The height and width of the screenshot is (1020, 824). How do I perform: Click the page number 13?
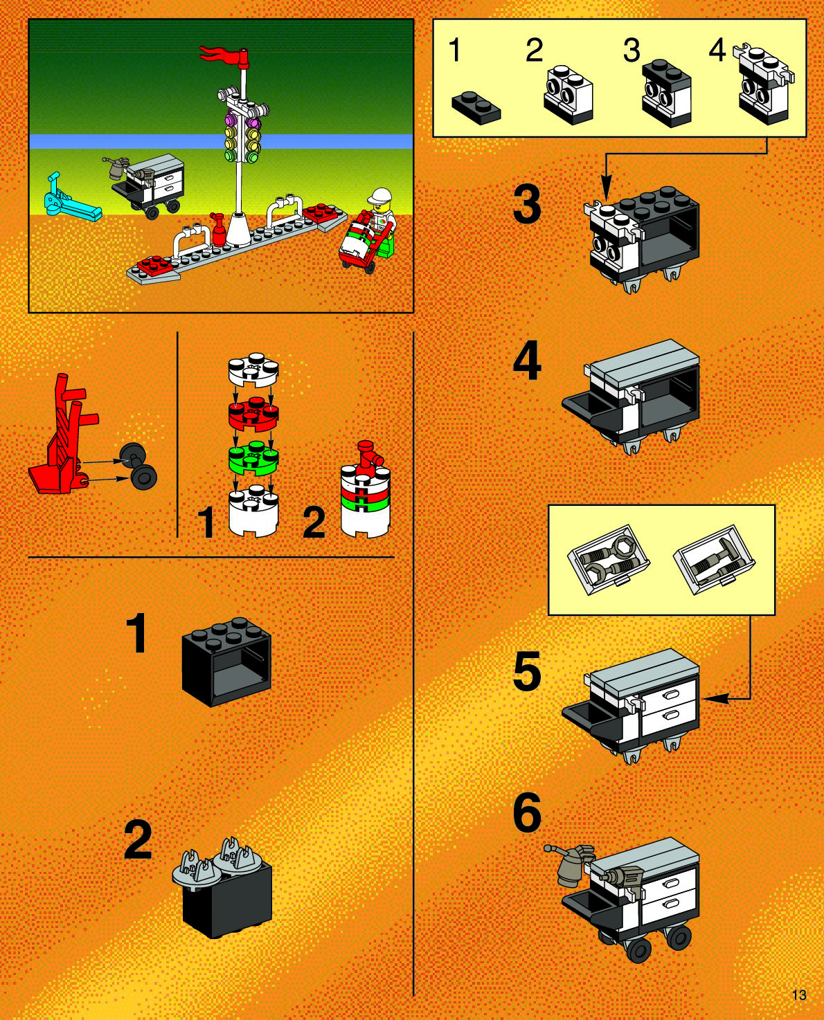click(799, 994)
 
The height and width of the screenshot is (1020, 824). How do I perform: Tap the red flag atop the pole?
click(223, 54)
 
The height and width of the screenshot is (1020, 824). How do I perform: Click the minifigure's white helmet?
click(379, 195)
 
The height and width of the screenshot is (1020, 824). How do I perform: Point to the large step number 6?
click(527, 812)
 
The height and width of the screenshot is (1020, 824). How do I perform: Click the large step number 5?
click(527, 671)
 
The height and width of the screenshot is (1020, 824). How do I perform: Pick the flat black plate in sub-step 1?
click(476, 107)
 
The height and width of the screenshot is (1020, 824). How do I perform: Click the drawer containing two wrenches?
click(609, 560)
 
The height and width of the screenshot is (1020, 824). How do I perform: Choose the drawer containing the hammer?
click(714, 560)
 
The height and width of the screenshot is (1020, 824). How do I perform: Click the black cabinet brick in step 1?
click(226, 662)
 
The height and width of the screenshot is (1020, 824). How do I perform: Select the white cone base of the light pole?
click(238, 229)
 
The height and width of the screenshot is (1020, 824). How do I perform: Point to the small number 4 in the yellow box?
click(717, 51)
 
